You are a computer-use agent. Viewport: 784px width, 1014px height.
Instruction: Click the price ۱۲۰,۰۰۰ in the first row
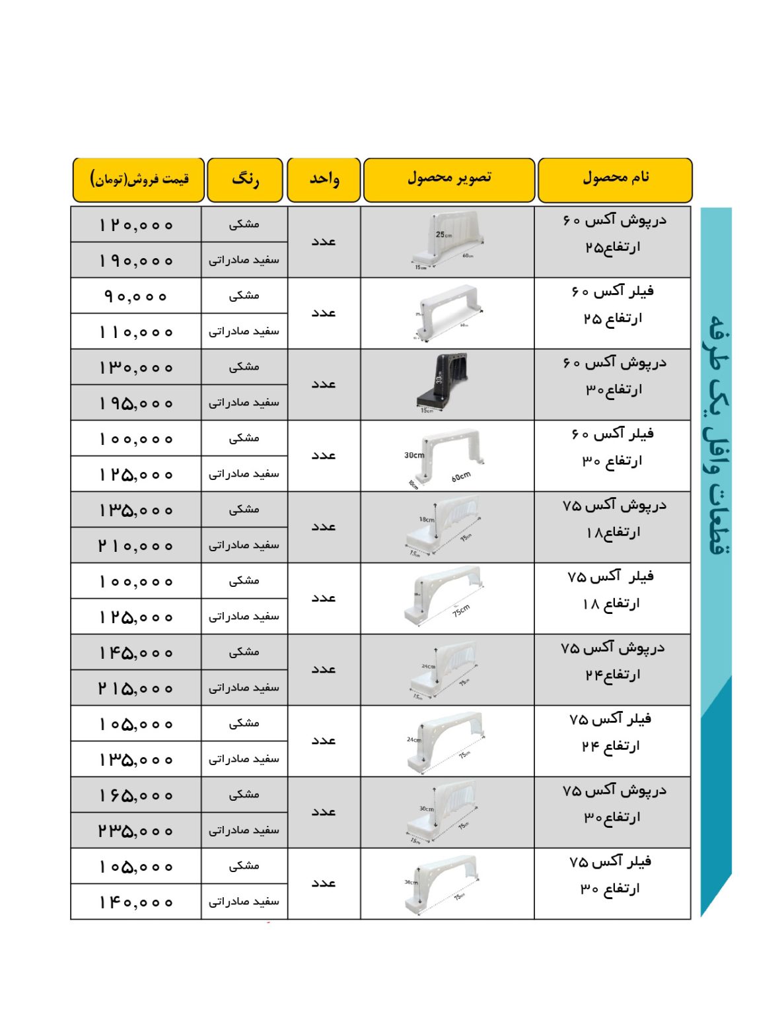[136, 225]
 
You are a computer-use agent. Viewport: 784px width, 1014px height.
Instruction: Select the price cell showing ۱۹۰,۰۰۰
[136, 261]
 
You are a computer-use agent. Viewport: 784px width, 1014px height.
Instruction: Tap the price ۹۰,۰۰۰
[136, 296]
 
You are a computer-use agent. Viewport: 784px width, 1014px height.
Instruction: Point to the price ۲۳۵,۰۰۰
[136, 830]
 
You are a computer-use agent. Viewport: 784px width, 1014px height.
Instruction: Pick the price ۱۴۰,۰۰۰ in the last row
[136, 902]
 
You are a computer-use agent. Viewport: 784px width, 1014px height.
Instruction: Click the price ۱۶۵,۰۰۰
[136, 795]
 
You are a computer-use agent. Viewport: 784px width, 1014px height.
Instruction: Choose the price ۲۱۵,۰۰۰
[136, 688]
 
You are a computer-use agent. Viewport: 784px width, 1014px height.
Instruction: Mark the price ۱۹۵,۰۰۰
[136, 403]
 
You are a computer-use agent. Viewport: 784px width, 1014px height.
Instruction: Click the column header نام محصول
[615, 179]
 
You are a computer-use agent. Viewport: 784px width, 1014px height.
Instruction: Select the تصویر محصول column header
[448, 179]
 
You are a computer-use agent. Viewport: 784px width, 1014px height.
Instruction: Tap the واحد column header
[324, 179]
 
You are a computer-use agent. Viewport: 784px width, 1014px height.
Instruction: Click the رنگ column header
[245, 179]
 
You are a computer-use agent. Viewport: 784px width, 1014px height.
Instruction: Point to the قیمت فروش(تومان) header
[139, 179]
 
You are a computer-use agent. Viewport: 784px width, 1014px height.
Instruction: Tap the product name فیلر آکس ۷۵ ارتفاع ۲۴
[611, 732]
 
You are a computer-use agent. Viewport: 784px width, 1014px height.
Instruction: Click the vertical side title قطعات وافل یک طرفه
[716, 436]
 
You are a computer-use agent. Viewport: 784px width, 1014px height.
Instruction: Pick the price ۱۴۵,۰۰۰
[136, 652]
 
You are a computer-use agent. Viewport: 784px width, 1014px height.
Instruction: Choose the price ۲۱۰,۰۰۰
[136, 545]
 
